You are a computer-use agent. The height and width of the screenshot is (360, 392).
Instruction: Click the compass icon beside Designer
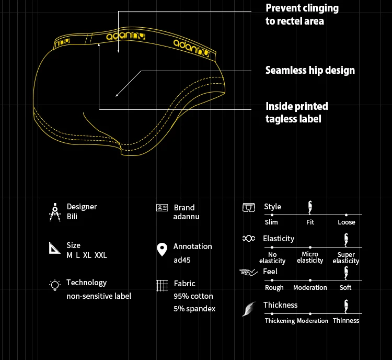click(x=55, y=211)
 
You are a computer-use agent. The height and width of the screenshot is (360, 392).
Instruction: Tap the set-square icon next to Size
click(x=55, y=248)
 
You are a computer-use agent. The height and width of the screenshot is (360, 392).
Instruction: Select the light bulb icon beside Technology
click(x=54, y=285)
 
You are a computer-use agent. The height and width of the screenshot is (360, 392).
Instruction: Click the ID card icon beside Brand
click(x=162, y=208)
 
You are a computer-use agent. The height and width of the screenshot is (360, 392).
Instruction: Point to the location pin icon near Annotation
click(x=162, y=250)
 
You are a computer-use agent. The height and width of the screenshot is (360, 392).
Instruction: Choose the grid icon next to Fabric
click(x=162, y=286)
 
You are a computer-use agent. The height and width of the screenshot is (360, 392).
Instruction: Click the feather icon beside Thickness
click(x=248, y=309)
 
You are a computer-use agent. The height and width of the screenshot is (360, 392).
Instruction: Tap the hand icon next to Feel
click(x=249, y=272)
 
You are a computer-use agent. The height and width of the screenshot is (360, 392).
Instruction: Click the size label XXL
click(x=101, y=255)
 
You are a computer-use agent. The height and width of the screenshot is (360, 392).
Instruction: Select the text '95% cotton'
click(x=194, y=296)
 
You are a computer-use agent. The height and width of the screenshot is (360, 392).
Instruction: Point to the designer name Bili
click(x=72, y=217)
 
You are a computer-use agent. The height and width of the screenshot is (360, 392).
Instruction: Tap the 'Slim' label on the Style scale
click(x=271, y=222)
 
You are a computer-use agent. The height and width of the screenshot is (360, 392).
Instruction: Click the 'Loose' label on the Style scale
click(x=346, y=222)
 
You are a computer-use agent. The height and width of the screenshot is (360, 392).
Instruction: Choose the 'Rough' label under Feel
click(x=274, y=288)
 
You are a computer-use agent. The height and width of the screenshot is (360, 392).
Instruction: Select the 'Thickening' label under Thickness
click(x=280, y=321)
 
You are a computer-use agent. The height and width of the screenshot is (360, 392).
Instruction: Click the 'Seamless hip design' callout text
click(x=310, y=70)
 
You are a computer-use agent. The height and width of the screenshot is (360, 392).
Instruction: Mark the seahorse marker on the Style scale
click(x=310, y=208)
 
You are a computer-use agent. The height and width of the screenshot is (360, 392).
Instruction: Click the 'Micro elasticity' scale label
click(x=310, y=257)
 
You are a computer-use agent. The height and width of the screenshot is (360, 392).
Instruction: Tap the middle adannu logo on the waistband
click(x=121, y=36)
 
